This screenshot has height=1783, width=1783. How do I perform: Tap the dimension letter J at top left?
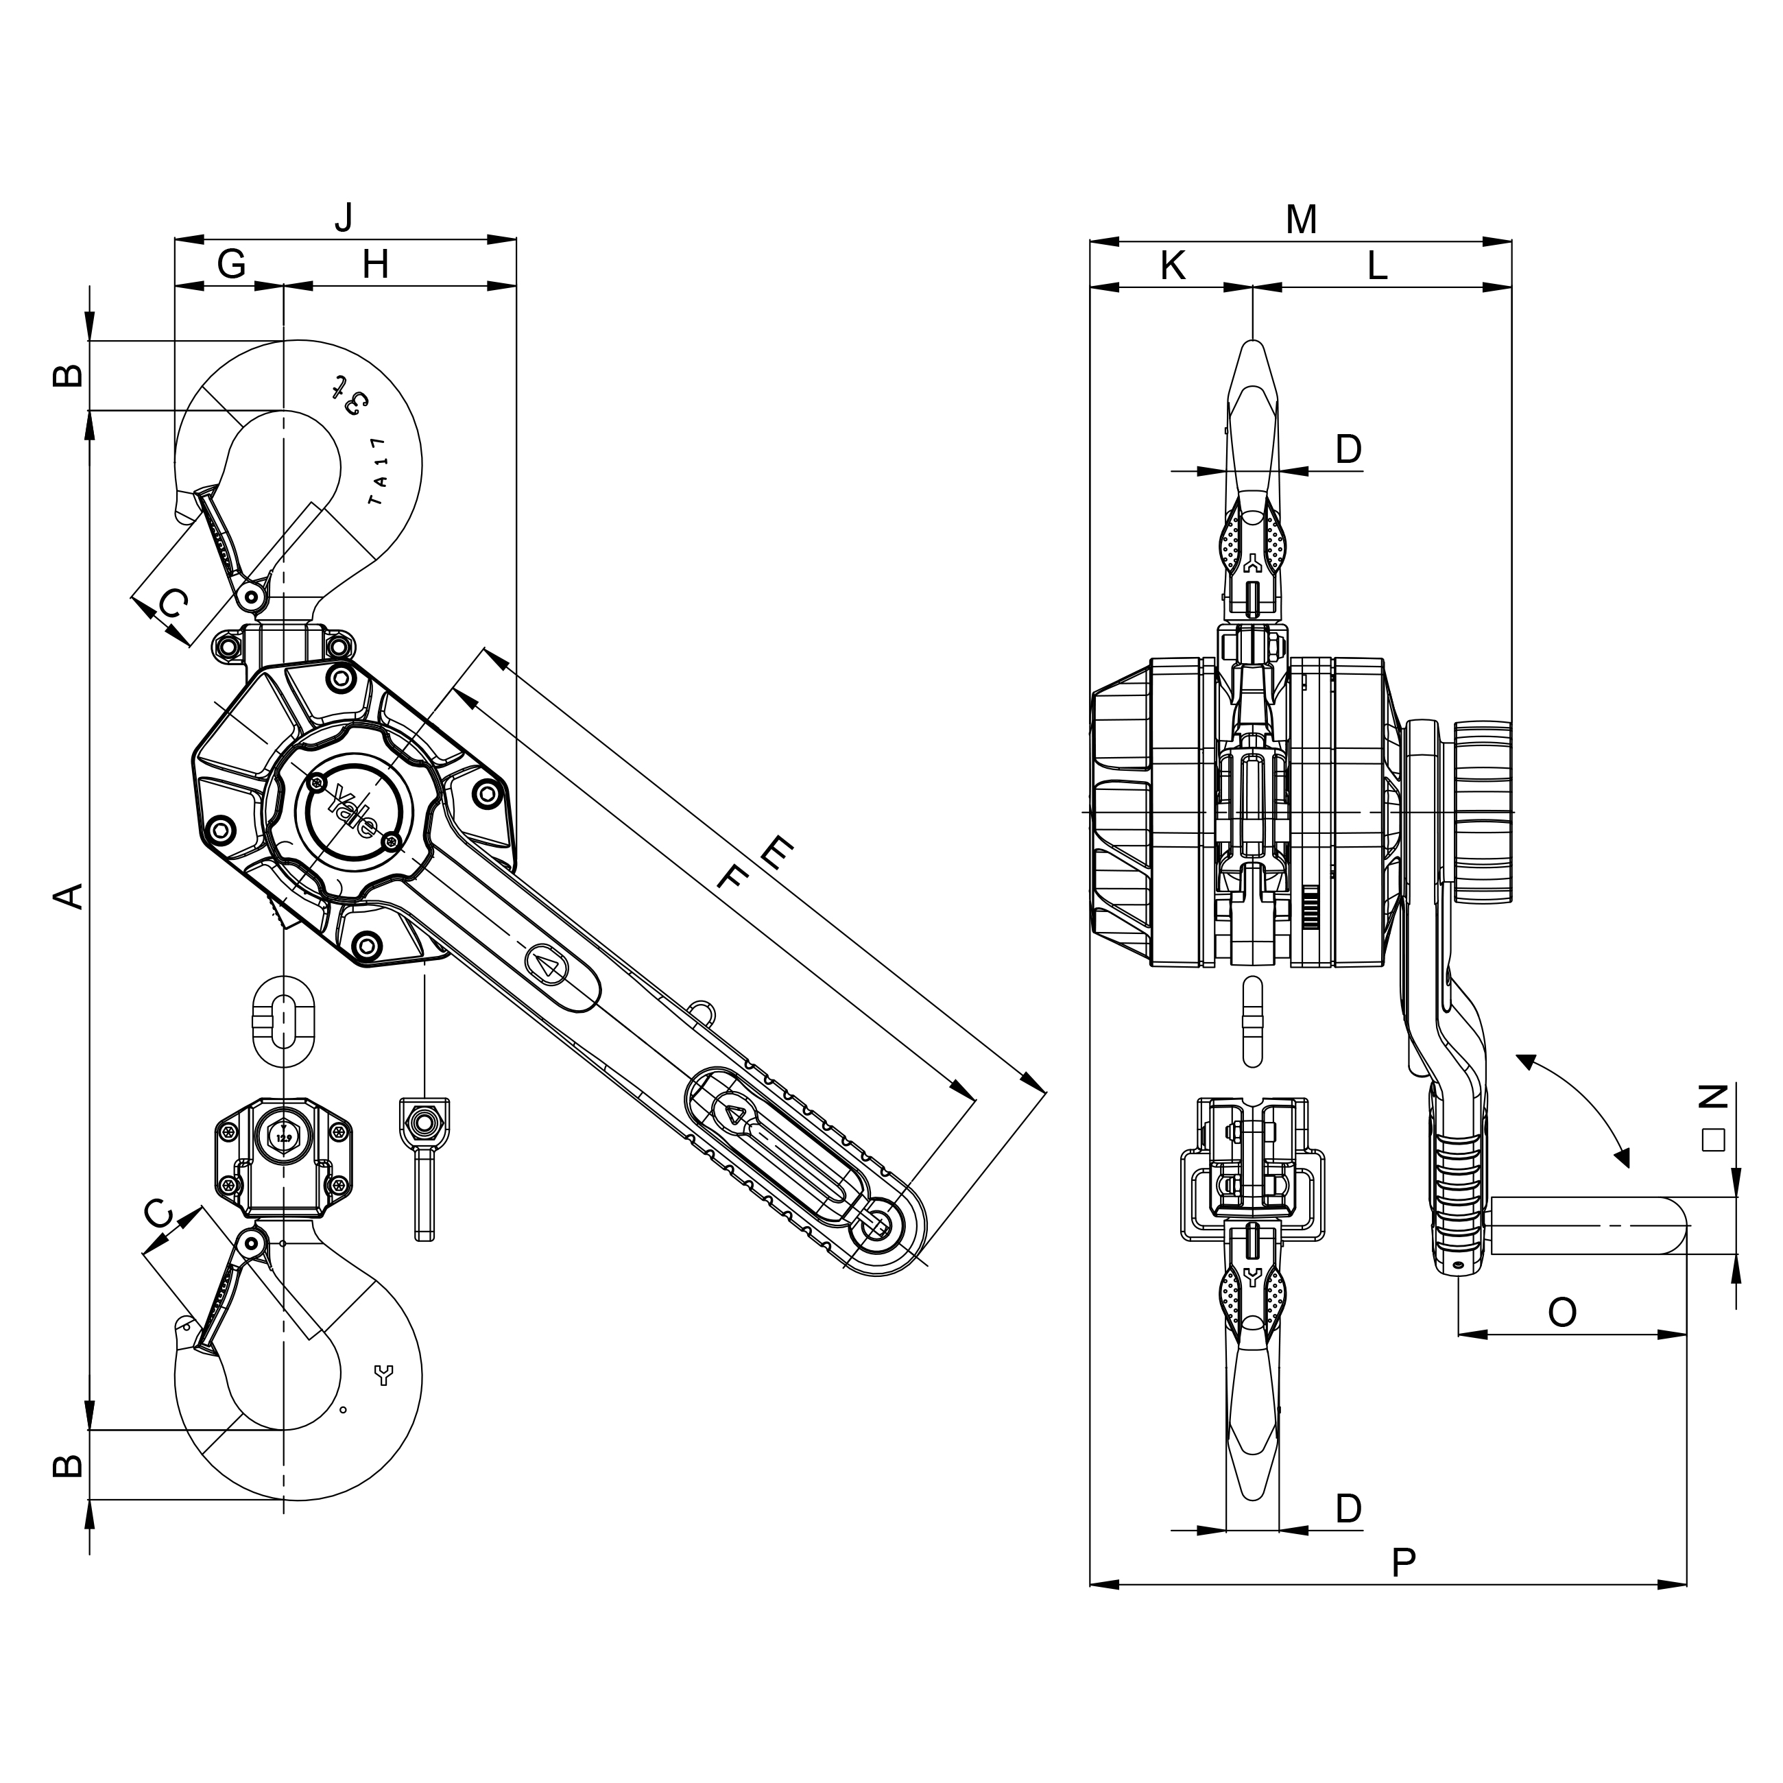344,217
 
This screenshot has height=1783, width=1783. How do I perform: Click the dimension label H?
374,265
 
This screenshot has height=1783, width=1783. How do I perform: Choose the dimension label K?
1171,266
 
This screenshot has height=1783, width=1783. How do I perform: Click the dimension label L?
1377,266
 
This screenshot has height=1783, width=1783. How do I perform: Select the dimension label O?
1561,1311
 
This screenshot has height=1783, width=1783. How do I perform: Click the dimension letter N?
1714,1095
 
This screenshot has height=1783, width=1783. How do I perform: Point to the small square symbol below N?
1714,1140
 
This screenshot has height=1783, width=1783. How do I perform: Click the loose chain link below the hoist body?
283,1019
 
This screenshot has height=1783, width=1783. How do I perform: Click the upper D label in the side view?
1348,449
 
